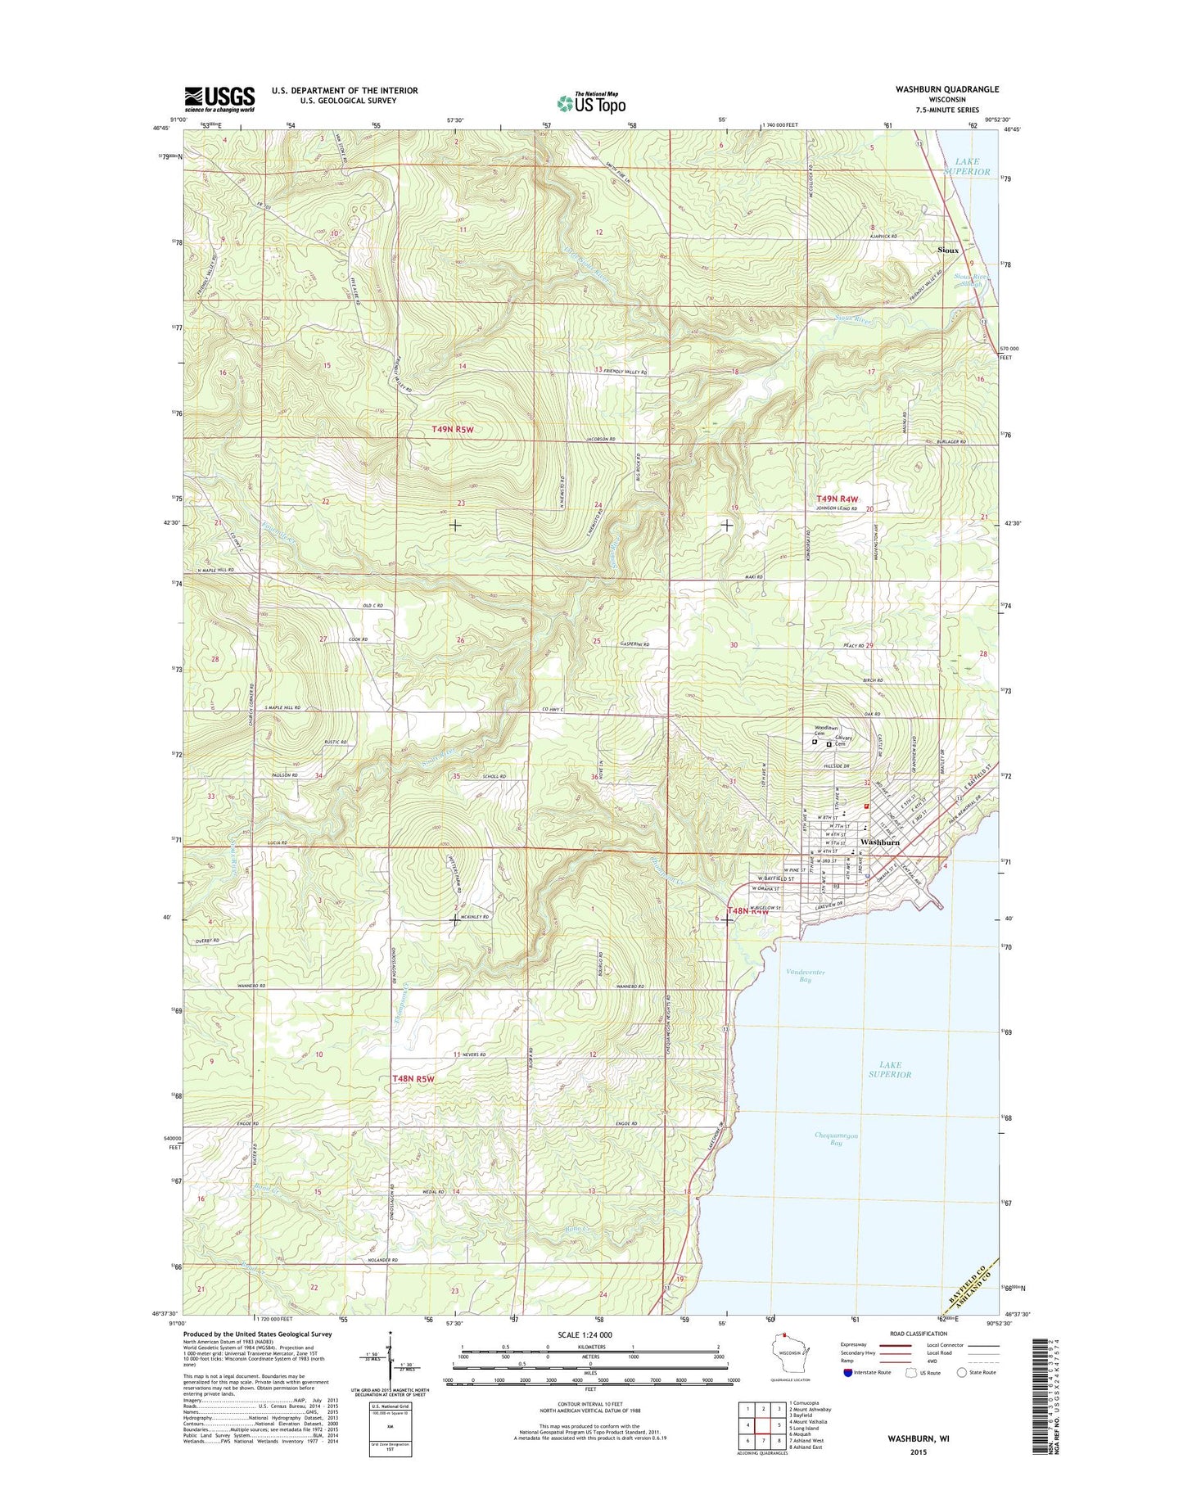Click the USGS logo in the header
tap(219, 99)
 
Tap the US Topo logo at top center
tap(591, 102)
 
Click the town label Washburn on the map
tap(879, 842)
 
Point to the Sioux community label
tap(948, 250)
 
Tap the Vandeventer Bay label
tap(805, 975)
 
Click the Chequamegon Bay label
tap(836, 1139)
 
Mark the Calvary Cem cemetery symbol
tap(829, 744)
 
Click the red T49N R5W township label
tap(454, 429)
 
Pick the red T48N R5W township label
tap(413, 1079)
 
